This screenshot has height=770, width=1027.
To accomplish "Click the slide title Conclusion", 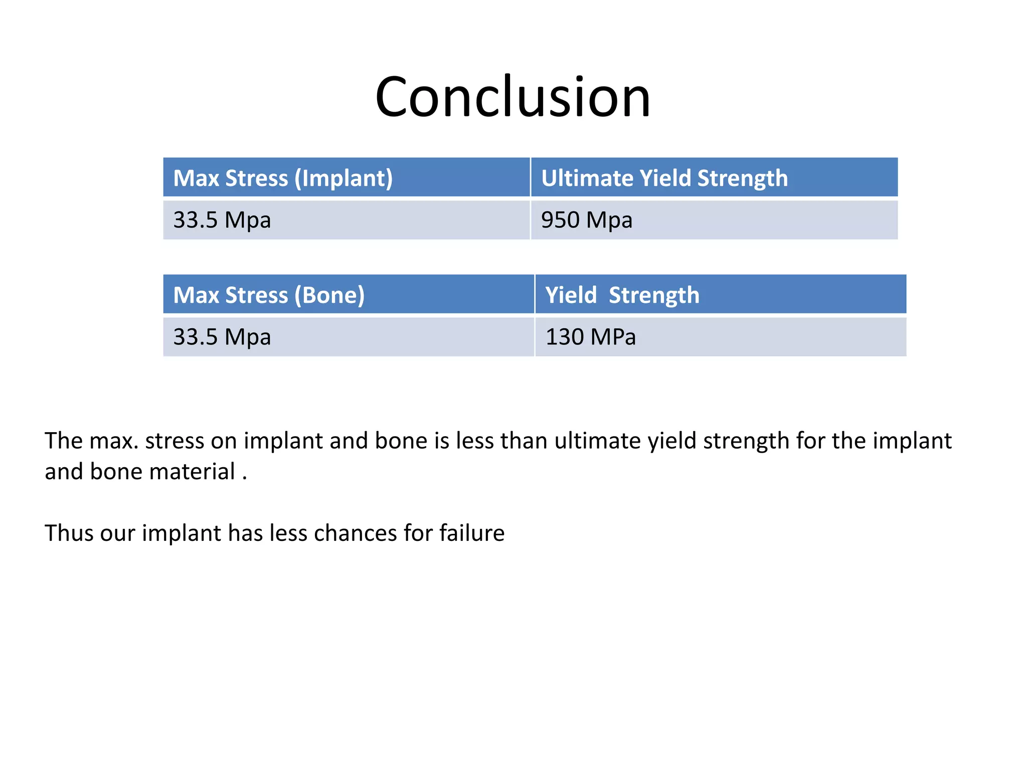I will (x=512, y=97).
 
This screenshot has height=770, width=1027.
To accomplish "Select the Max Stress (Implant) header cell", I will (x=346, y=178).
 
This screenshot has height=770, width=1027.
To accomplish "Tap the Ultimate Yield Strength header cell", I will (x=714, y=178).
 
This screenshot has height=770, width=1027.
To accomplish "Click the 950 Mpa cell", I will (x=714, y=220).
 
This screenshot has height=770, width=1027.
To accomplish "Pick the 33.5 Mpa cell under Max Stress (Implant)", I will (x=346, y=220).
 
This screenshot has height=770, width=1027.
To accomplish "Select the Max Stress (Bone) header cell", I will (x=348, y=295).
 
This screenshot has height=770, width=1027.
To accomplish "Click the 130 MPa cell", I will (x=720, y=337).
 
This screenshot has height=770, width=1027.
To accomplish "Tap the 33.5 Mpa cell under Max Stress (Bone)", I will (x=348, y=337).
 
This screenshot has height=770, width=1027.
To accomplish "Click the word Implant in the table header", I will (x=344, y=178).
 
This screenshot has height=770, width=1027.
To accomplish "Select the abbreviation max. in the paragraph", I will (x=114, y=441).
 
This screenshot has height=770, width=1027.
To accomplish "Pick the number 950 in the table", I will (x=560, y=220).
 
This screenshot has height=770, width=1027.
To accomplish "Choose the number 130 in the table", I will (x=564, y=337).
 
